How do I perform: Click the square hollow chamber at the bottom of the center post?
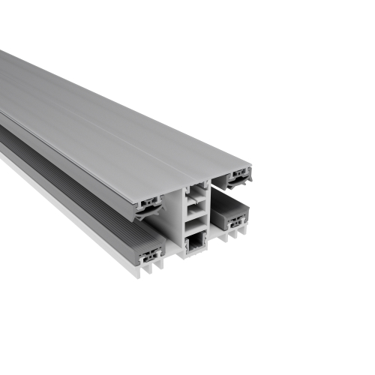pos(196,242)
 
